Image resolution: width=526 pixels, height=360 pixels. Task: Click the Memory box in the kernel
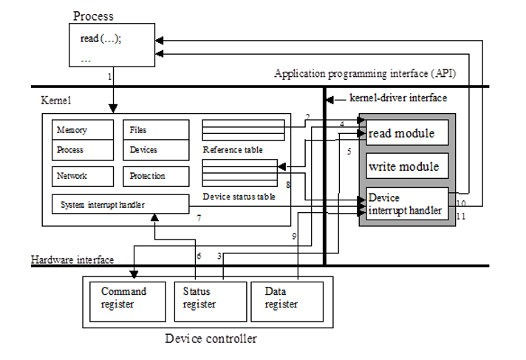coord(81,130)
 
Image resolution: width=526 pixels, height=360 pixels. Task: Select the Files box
coord(154,130)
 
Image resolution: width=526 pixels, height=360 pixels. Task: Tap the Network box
coord(81,176)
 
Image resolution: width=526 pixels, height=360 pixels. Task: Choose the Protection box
coord(154,176)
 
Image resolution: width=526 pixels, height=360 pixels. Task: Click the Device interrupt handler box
coord(407,204)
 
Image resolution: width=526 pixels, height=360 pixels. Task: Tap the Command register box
coord(125,298)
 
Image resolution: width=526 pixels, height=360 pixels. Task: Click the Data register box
coord(287,298)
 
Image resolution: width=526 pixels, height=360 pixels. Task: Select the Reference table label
coord(232,150)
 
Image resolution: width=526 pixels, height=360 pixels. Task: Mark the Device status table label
coord(239,197)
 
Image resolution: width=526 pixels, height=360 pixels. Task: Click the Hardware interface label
coord(72,260)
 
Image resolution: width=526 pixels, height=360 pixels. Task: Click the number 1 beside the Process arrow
coord(110,77)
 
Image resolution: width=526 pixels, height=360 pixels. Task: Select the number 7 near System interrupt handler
coord(199,219)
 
